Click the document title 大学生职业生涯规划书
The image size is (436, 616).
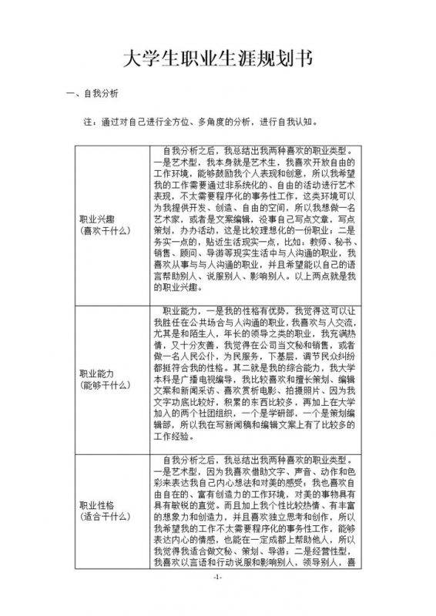click(x=218, y=61)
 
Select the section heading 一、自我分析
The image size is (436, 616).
click(x=92, y=95)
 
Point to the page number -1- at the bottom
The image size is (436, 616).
click(x=218, y=599)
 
